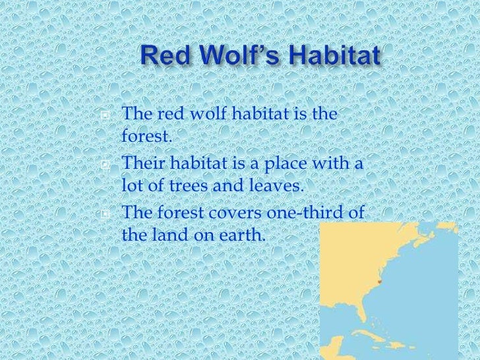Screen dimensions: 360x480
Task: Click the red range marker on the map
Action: click(380, 282)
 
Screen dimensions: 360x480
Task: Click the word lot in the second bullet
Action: click(133, 185)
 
